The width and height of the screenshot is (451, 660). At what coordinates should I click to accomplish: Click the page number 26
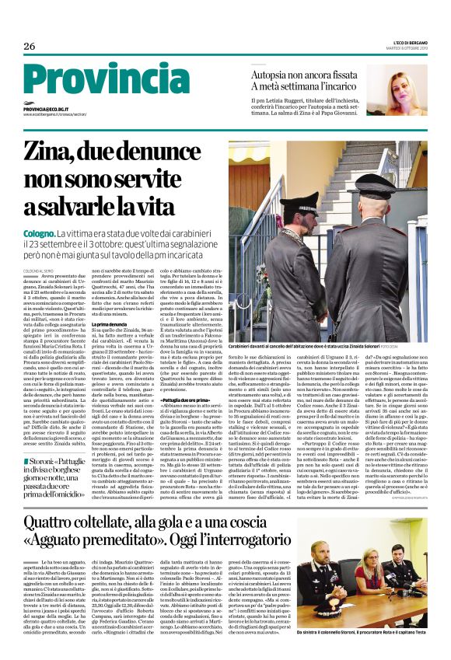tap(30, 47)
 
